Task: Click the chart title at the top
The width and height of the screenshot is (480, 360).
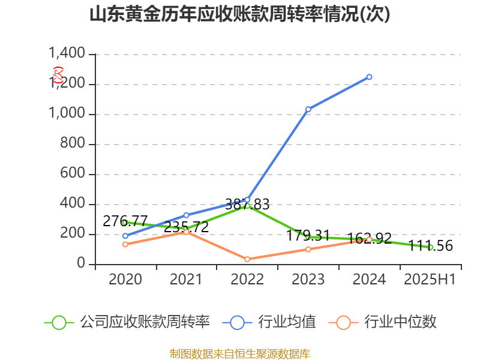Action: click(x=239, y=14)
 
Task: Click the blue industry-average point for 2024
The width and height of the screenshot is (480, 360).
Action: click(x=369, y=77)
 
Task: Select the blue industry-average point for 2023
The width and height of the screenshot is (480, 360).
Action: click(x=308, y=109)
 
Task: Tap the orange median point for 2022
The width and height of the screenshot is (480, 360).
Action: click(x=247, y=259)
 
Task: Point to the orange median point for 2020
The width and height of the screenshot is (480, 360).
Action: click(x=125, y=244)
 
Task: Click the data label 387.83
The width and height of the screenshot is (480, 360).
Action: click(x=247, y=204)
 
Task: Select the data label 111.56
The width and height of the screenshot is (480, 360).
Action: click(x=430, y=245)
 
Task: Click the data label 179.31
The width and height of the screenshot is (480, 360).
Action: click(x=308, y=235)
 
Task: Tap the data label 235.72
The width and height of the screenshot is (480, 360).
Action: click(x=186, y=227)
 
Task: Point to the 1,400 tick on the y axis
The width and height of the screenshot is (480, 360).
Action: click(x=67, y=55)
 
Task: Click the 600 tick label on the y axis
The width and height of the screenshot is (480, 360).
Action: click(x=73, y=175)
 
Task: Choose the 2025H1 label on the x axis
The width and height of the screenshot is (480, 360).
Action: click(x=430, y=280)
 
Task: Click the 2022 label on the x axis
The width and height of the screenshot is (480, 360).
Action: click(x=247, y=280)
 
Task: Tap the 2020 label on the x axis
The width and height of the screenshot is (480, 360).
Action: click(x=125, y=280)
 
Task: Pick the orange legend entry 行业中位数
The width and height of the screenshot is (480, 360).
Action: click(x=384, y=322)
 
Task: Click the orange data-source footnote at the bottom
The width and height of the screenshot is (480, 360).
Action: click(x=239, y=353)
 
